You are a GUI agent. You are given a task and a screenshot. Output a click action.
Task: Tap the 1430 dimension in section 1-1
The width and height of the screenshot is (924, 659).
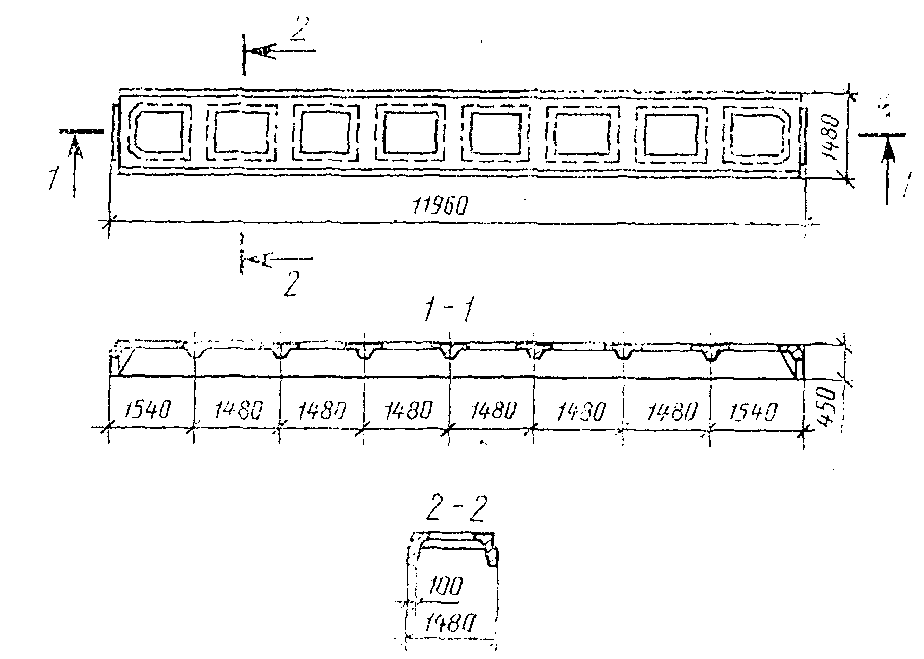coord(579,410)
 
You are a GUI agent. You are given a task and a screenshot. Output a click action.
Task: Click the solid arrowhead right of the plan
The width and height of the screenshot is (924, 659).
coord(888,149)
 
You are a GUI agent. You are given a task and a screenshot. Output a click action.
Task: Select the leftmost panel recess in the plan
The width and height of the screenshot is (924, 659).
coord(158,131)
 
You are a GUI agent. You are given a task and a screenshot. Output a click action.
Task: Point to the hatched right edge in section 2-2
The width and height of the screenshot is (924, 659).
coord(491,550)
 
